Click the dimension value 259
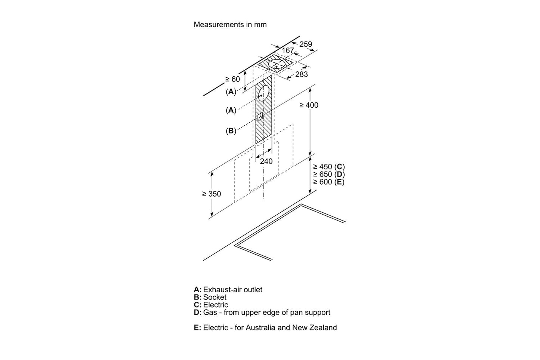306,44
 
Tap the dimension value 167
287,50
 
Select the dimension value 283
301,74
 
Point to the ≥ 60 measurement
232,79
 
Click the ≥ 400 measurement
309,105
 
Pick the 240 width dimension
266,161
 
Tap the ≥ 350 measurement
212,194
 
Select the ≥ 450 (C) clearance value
329,167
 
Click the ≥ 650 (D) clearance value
329,174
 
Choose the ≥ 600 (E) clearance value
329,182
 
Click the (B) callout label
231,131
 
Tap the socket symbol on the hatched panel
261,117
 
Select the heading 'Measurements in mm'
230,25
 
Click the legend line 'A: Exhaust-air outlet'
228,289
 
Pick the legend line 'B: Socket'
210,297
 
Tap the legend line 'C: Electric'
211,305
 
